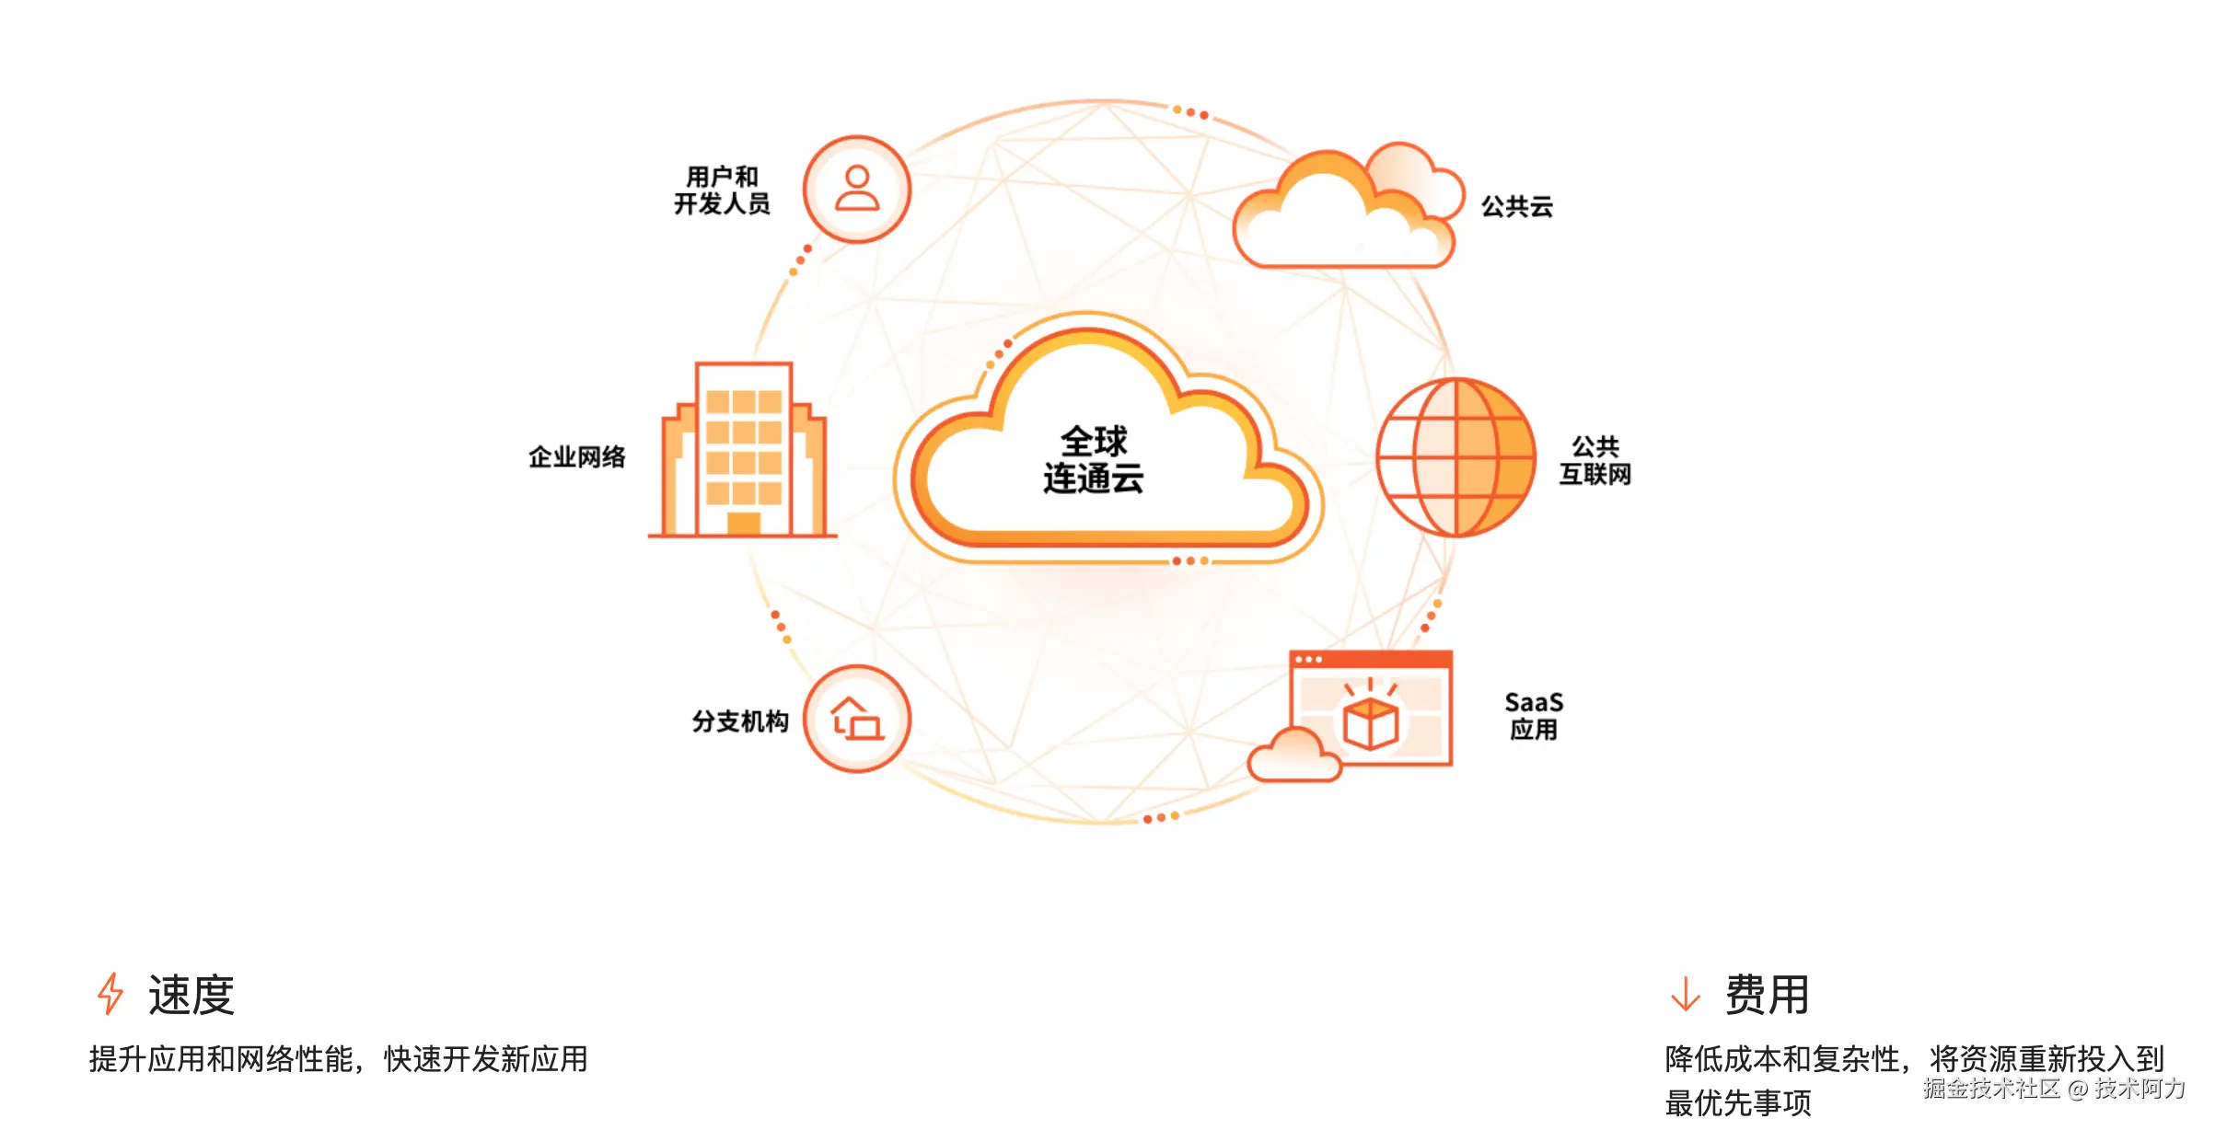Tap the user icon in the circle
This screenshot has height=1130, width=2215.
[x=857, y=189]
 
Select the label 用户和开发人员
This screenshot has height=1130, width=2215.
[x=722, y=190]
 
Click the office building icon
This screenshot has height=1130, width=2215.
[x=743, y=451]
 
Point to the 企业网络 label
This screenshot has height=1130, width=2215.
[x=577, y=457]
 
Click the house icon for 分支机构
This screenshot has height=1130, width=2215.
[x=857, y=719]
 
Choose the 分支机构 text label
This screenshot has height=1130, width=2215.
[x=740, y=721]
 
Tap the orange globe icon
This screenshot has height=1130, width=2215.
[x=1455, y=457]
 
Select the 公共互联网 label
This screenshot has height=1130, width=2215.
[x=1595, y=461]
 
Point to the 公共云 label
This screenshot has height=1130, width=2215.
[x=1516, y=207]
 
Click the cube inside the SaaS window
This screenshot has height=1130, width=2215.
[x=1371, y=722]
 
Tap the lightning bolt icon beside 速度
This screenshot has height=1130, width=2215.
[x=110, y=995]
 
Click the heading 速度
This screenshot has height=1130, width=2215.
[x=191, y=996]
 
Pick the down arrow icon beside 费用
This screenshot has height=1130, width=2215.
[x=1685, y=995]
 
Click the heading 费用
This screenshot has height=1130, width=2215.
[x=1767, y=996]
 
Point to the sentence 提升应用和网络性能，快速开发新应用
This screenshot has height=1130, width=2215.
[x=338, y=1059]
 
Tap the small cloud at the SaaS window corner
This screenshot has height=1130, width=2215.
[x=1293, y=755]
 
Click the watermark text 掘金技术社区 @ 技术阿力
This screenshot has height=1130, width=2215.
[x=2053, y=1089]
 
